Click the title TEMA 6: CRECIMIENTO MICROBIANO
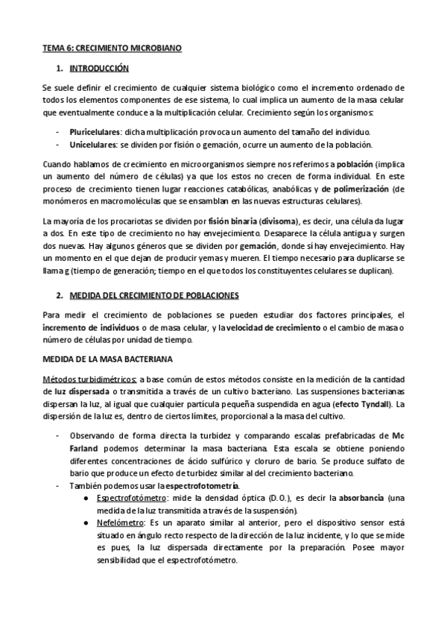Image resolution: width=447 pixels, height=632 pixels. coord(112,48)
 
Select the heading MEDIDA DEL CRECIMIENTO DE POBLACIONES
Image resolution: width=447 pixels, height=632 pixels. coord(153,296)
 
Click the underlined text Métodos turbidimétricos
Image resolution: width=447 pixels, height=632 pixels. coord(89,380)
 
